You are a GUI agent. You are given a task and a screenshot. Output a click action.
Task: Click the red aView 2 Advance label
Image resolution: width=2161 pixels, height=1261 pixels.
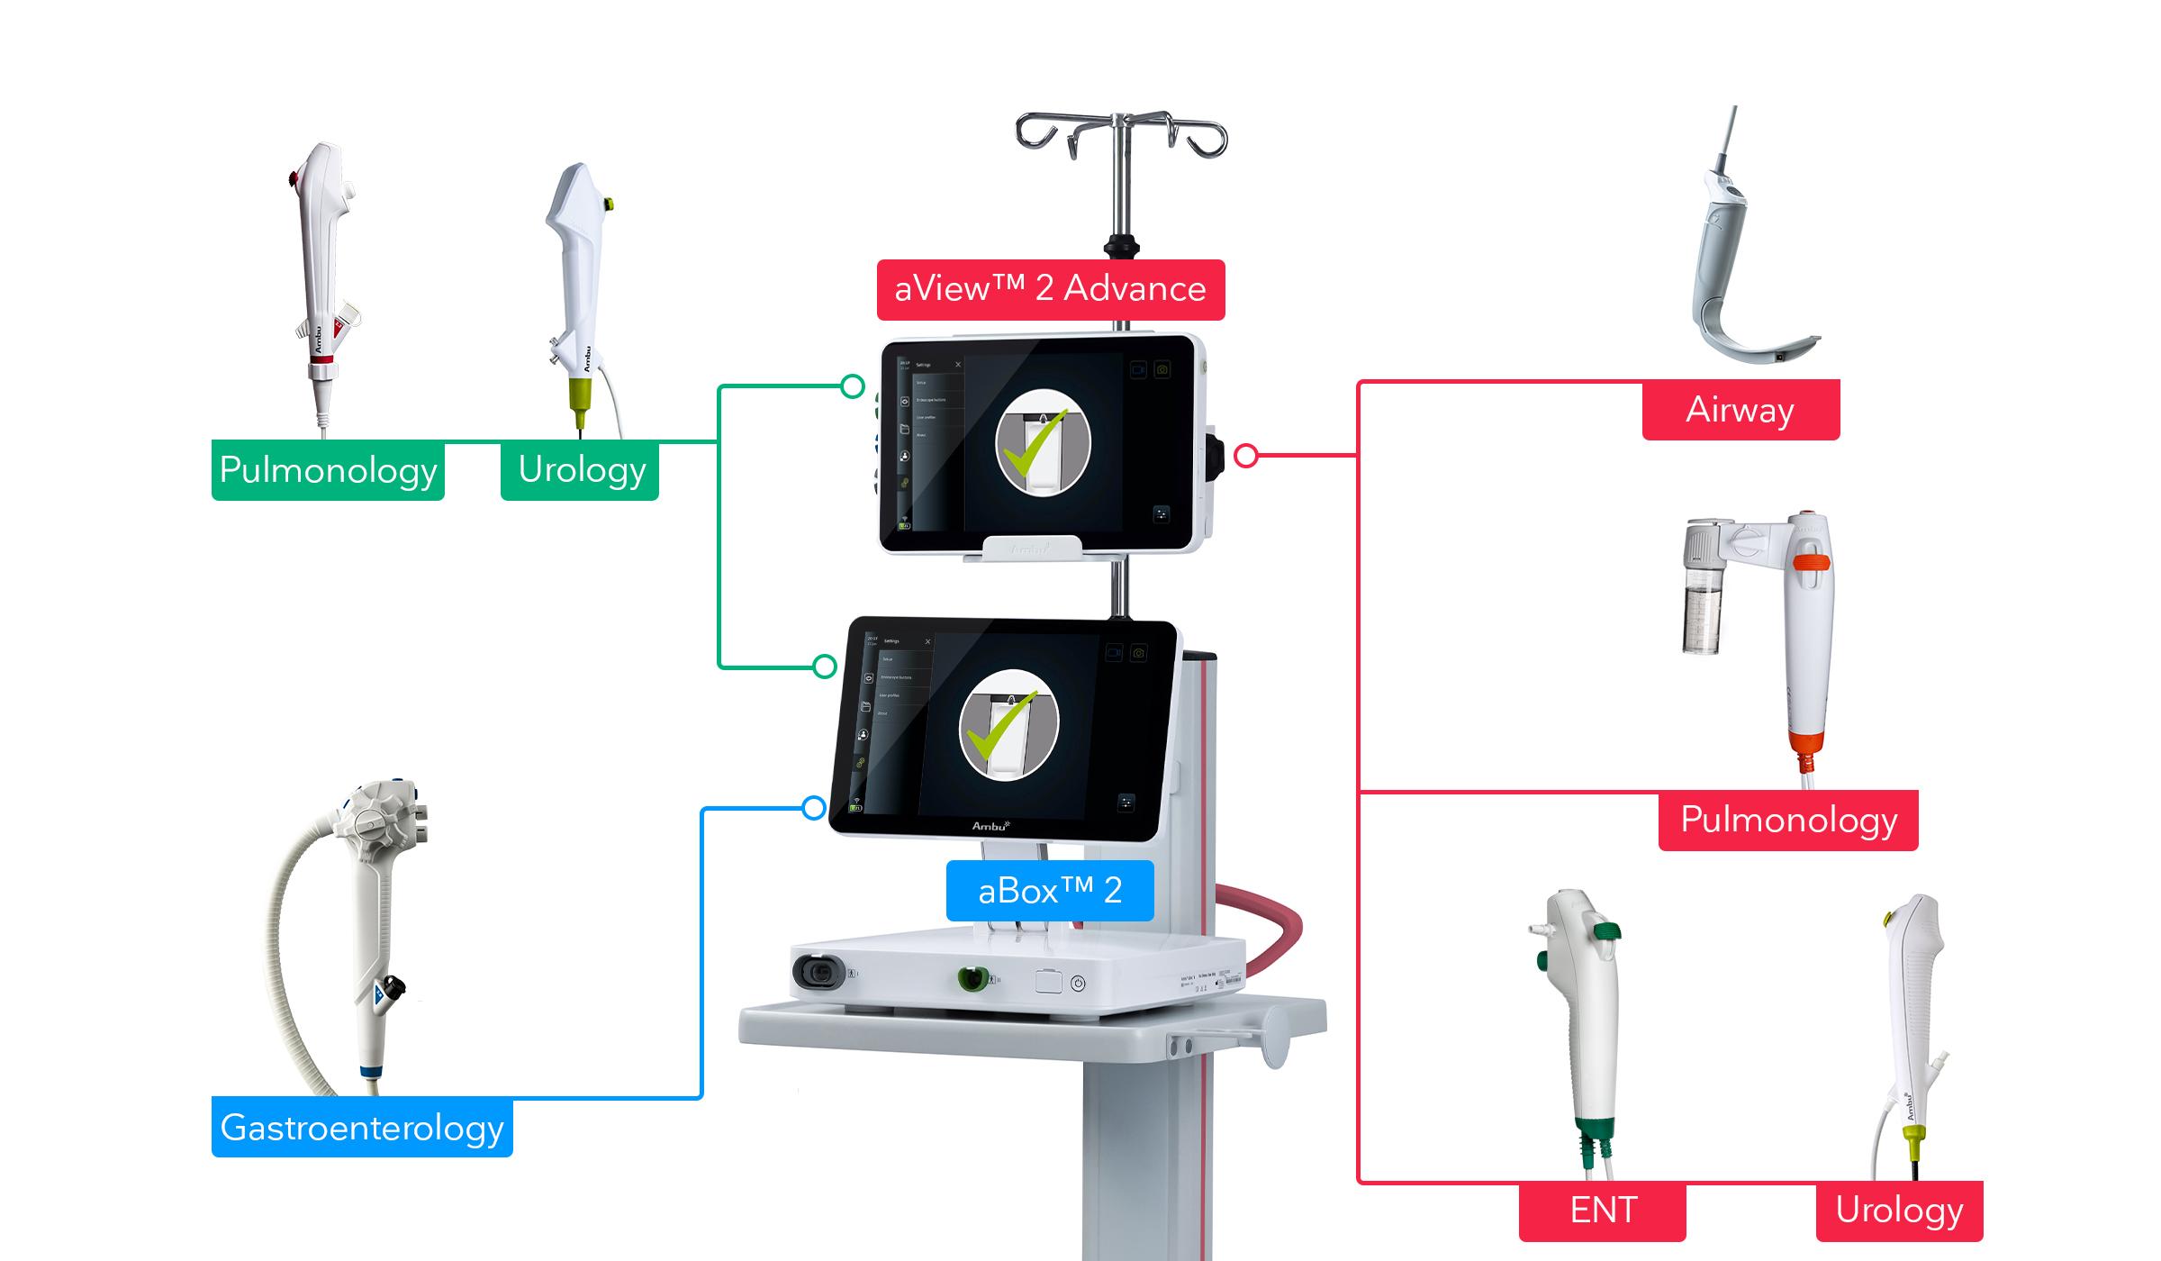[x=1051, y=289]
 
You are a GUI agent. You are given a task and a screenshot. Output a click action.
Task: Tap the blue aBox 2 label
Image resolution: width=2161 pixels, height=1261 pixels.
[x=1050, y=891]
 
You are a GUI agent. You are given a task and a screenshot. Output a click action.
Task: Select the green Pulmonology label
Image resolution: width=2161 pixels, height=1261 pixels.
[x=328, y=470]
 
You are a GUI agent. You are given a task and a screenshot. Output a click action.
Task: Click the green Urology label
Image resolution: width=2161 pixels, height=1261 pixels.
[x=581, y=470]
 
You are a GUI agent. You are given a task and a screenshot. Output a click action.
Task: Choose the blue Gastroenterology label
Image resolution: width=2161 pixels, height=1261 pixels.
[x=362, y=1128]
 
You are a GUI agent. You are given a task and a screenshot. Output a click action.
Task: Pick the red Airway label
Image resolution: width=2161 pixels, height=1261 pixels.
[x=1741, y=410]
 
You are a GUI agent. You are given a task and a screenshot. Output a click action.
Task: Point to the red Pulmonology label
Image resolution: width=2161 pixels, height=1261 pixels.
[x=1788, y=821]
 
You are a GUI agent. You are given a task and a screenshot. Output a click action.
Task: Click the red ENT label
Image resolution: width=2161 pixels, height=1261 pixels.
[x=1603, y=1211]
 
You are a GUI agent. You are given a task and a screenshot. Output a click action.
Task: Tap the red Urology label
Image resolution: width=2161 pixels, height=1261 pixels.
[x=1899, y=1211]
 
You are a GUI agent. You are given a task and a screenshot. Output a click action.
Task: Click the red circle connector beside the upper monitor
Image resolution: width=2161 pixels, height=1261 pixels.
[x=1246, y=456]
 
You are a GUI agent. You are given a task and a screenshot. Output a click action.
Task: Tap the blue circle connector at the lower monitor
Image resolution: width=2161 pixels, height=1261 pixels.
[x=814, y=808]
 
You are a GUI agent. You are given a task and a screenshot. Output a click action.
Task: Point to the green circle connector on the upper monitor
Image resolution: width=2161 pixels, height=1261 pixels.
[x=853, y=386]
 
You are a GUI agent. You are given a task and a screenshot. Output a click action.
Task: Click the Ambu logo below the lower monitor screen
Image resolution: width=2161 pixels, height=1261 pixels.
[x=990, y=826]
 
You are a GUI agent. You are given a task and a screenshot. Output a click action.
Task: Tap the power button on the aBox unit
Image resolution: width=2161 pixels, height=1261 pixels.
[x=1078, y=984]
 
